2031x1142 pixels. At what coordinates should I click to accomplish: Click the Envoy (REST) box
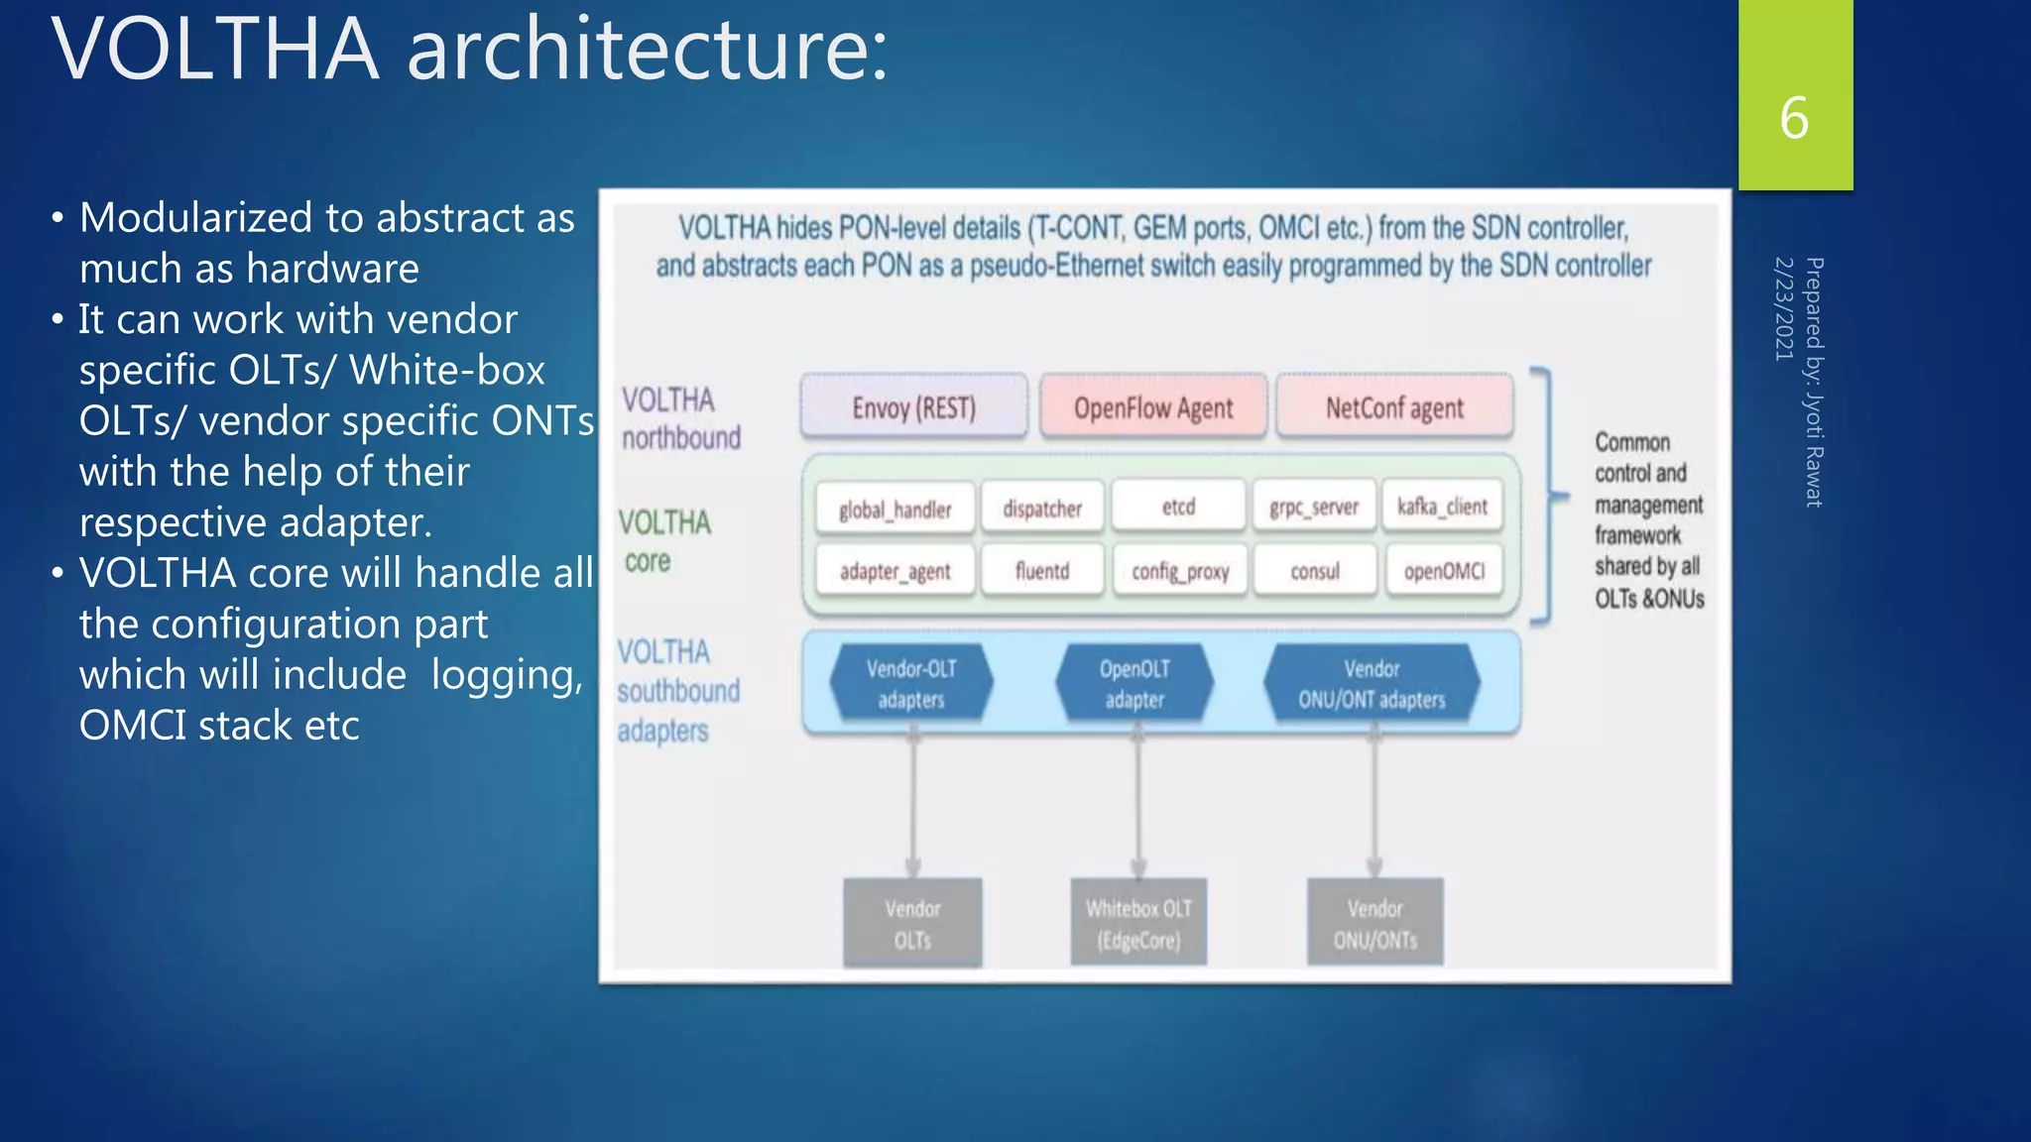coord(913,407)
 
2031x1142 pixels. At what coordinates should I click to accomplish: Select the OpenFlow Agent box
coord(1152,407)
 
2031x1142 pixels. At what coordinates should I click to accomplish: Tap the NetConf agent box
coord(1394,407)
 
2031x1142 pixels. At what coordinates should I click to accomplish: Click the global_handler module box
coord(895,509)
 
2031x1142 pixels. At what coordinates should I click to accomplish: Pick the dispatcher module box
coord(1041,509)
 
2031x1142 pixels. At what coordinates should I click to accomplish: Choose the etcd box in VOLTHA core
coord(1178,507)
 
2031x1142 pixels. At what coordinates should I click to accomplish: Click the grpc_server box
coord(1314,508)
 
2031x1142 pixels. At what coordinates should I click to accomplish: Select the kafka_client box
coord(1442,507)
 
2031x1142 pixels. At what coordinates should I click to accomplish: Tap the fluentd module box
coord(1041,571)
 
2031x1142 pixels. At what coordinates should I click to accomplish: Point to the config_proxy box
coord(1180,571)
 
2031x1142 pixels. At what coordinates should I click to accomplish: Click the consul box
coord(1314,571)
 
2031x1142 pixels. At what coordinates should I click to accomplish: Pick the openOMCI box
coord(1444,571)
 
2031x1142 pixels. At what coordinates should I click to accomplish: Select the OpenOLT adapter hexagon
coord(1135,683)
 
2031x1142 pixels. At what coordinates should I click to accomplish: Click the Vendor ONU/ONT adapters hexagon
coord(1372,683)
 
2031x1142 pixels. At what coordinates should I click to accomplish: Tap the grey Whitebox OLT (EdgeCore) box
coord(1138,922)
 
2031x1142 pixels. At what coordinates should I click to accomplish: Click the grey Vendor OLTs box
coord(912,922)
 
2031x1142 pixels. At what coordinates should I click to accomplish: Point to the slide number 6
coord(1794,118)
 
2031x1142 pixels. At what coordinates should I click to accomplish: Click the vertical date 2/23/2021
coord(1783,308)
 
